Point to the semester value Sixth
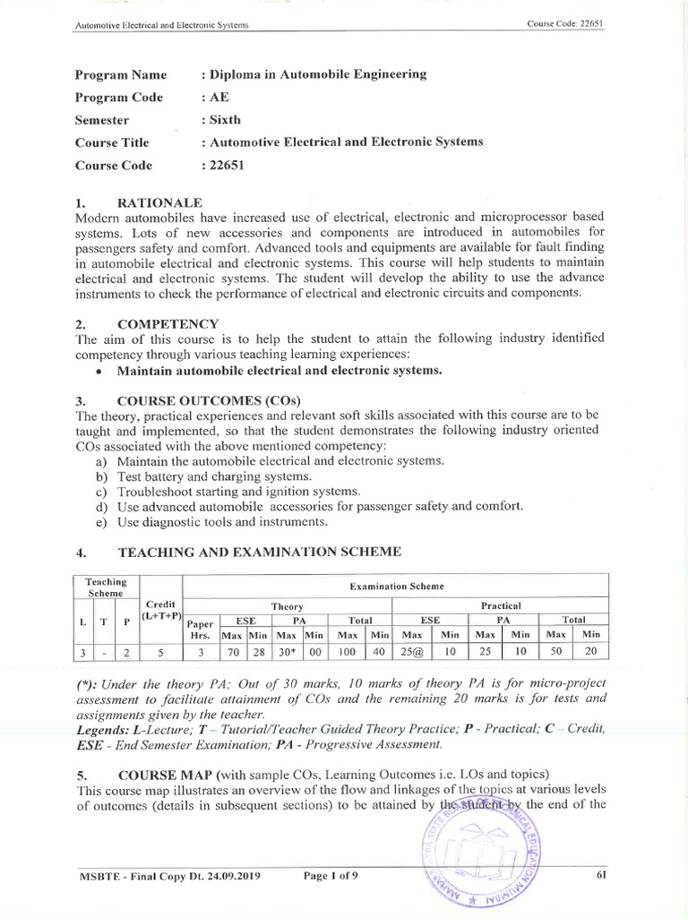tap(223, 120)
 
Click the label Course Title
tap(112, 142)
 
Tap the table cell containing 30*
tap(287, 652)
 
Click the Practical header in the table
tap(499, 605)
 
